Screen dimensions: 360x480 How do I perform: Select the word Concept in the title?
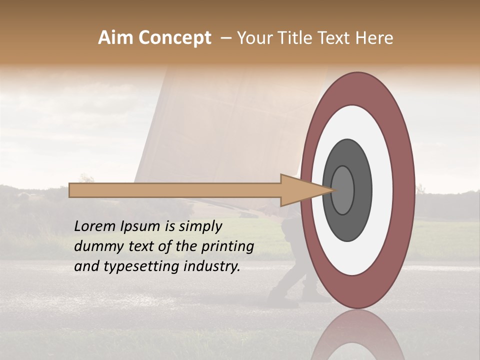pyautogui.click(x=174, y=38)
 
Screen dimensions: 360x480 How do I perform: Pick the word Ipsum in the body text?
pyautogui.click(x=141, y=226)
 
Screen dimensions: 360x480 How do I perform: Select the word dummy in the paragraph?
pyautogui.click(x=95, y=246)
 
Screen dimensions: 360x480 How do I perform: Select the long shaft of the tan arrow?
pyautogui.click(x=175, y=190)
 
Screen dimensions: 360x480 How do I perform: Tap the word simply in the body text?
pyautogui.click(x=200, y=226)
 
